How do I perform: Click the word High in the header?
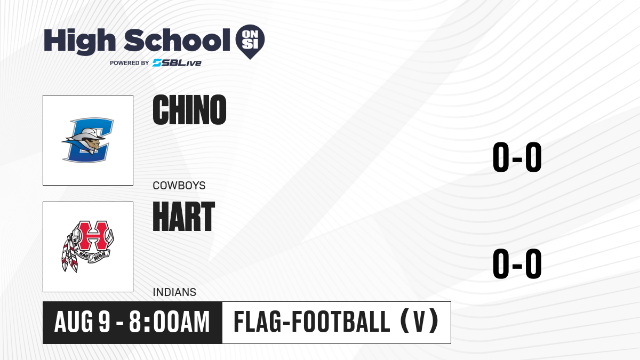coord(79,42)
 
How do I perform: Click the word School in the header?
coord(177,40)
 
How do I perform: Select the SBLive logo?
coord(177,63)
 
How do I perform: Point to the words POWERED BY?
coord(130,63)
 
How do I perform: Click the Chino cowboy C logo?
coord(87,140)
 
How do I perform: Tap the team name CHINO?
coord(189,110)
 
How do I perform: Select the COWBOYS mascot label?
coord(179,186)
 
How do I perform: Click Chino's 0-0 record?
coord(517,157)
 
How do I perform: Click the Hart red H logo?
coord(87,246)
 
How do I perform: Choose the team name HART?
coord(183,217)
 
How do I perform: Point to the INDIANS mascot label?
coord(174,292)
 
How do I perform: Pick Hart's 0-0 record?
coord(517,263)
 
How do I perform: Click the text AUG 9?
coord(82,322)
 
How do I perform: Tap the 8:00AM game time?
coord(170,322)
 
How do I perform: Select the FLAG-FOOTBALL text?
coord(312,322)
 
